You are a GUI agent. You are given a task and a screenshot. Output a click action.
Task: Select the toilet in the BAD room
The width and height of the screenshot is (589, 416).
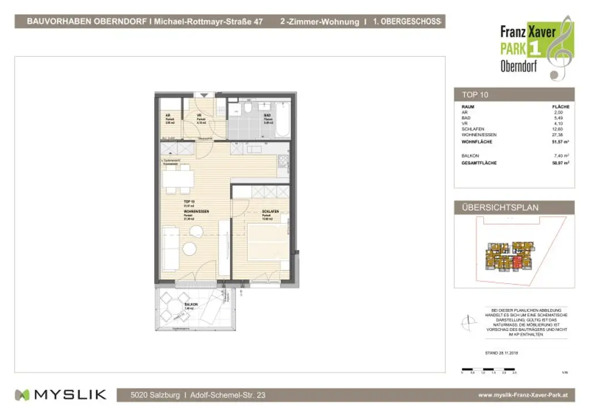click(x=247, y=109)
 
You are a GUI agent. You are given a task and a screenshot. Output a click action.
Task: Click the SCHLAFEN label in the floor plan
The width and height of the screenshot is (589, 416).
click(x=270, y=211)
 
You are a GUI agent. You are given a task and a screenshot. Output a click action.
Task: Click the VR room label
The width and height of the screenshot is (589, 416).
click(x=198, y=115)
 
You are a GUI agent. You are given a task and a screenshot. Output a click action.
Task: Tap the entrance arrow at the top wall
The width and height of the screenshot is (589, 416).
click(x=203, y=95)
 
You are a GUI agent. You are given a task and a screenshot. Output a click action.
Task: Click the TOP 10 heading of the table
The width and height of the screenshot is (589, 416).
click(x=475, y=95)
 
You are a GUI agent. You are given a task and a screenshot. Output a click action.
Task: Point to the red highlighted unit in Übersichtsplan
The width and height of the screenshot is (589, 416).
click(x=517, y=263)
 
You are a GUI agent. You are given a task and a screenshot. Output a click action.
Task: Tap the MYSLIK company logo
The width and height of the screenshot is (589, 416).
click(x=60, y=395)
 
